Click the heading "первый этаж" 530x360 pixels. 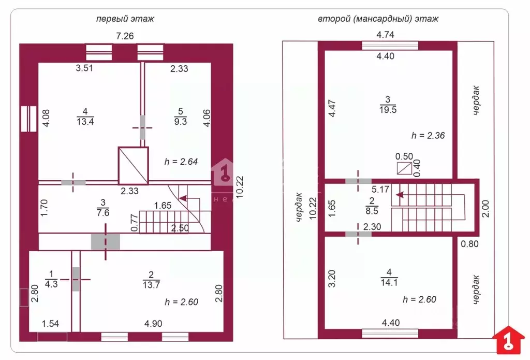coord(125,19)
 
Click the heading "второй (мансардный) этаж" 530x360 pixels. coord(378,19)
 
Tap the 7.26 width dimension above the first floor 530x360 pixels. coord(125,36)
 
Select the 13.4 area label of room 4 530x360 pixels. coord(85,121)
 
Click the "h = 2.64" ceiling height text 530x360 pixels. coord(181,161)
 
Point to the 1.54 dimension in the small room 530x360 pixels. coord(51,324)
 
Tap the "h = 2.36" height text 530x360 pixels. coord(429,136)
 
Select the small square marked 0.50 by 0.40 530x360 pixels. coord(403,168)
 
